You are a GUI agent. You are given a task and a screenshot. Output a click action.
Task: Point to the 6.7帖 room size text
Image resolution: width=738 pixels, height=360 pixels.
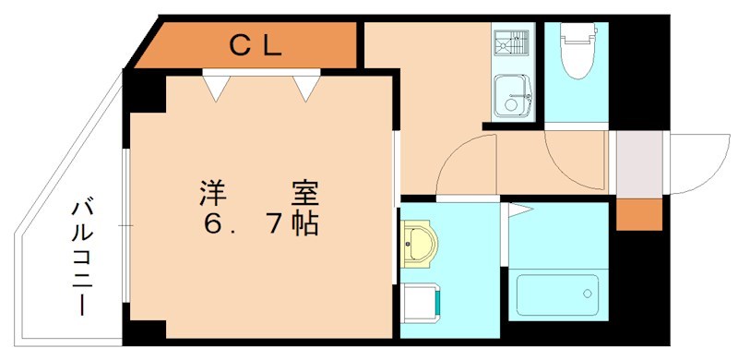click(258, 223)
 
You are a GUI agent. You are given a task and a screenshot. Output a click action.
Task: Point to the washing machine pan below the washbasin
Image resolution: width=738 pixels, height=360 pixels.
click(423, 303)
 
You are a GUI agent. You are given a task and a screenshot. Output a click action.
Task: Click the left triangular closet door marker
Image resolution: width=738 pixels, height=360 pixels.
click(216, 87)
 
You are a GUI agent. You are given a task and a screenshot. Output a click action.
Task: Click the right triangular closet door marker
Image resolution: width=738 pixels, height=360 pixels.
click(307, 87)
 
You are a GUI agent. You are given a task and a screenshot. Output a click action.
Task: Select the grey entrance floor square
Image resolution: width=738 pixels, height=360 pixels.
click(639, 163)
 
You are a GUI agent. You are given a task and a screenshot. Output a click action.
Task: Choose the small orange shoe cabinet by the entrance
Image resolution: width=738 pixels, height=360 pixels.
click(639, 214)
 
